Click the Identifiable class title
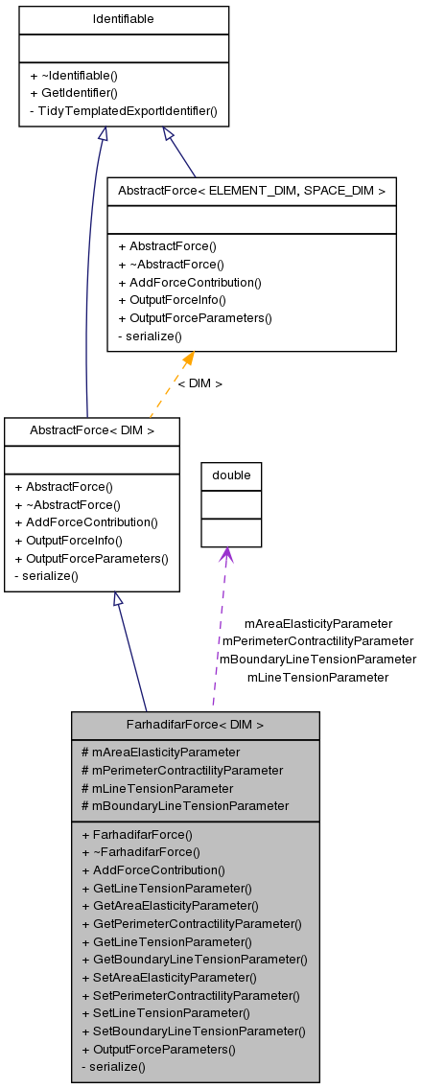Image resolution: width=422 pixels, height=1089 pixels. pyautogui.click(x=124, y=19)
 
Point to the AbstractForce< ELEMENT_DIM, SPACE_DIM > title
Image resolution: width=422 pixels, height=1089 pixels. pyautogui.click(x=251, y=191)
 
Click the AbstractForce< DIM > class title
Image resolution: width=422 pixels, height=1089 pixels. pyautogui.click(x=92, y=430)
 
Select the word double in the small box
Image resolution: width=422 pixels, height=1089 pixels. pyautogui.click(x=231, y=475)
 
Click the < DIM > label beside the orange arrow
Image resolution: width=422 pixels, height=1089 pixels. pyautogui.click(x=199, y=383)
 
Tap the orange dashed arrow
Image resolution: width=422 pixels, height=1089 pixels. pyautogui.click(x=171, y=384)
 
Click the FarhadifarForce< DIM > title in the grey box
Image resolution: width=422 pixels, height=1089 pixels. pyautogui.click(x=195, y=725)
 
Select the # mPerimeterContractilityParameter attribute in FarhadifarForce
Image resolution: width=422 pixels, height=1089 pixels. pyautogui.click(x=182, y=770)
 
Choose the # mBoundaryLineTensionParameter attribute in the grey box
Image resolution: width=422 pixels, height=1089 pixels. pyautogui.click(x=185, y=805)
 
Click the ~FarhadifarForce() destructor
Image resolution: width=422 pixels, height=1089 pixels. pyautogui.click(x=141, y=851)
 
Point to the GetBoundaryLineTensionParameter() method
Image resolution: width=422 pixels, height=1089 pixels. pyautogui.click(x=195, y=959)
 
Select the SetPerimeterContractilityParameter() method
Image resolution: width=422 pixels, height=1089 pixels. pyautogui.click(x=191, y=995)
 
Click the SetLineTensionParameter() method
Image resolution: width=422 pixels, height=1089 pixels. pyautogui.click(x=166, y=1012)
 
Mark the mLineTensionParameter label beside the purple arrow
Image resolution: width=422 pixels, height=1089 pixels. pyautogui.click(x=317, y=677)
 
